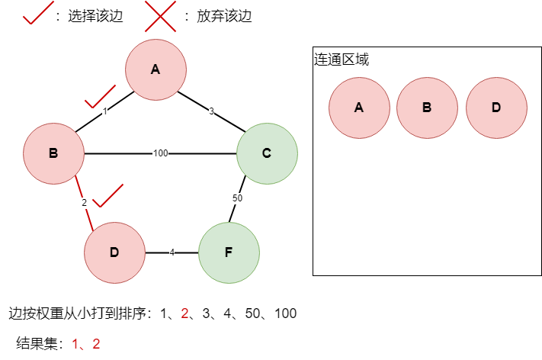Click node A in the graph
[x=156, y=69]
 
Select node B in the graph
[x=53, y=153]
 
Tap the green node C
[x=267, y=153]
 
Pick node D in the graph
[x=114, y=252]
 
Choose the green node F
[x=229, y=252]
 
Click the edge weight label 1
[x=104, y=111]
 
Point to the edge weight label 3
[x=211, y=111]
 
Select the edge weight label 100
[x=160, y=153]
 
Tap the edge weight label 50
[x=237, y=198]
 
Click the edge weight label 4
[x=172, y=252]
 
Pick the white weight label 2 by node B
[x=85, y=203]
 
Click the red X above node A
[x=160, y=16]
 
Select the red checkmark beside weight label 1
[x=99, y=97]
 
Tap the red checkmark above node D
[x=107, y=195]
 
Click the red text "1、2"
[x=86, y=344]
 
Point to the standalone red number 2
[x=184, y=313]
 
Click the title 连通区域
[x=342, y=59]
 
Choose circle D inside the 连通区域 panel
[x=496, y=108]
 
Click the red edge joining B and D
[x=84, y=203]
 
